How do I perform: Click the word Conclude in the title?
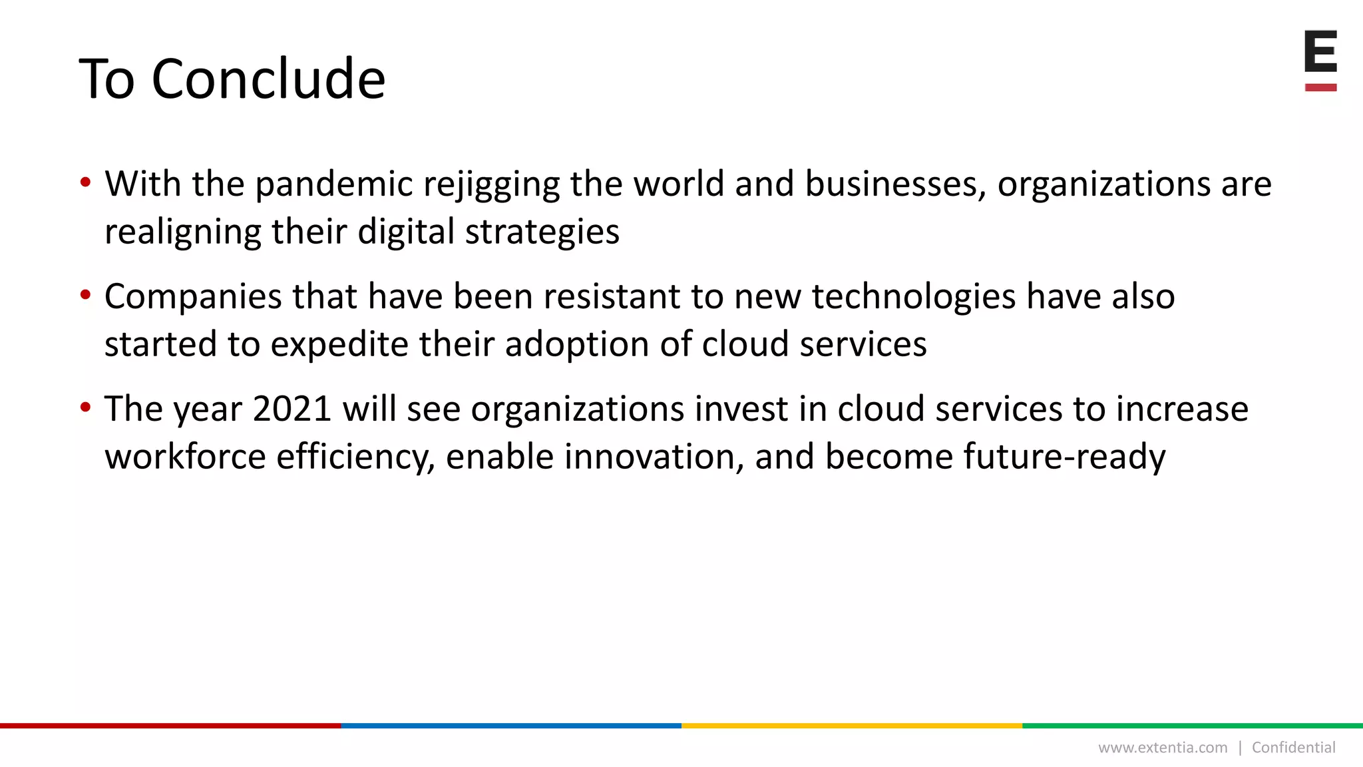pos(268,79)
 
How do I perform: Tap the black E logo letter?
pos(1320,51)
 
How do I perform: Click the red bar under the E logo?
pos(1320,87)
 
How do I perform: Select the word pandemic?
pos(333,184)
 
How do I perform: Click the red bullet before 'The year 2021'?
pos(85,407)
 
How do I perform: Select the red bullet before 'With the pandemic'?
pos(85,182)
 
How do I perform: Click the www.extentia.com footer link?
pos(1162,748)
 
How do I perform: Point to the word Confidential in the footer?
pos(1293,748)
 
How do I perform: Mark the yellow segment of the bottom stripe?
pos(852,726)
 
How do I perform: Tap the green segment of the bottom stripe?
pos(1193,726)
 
